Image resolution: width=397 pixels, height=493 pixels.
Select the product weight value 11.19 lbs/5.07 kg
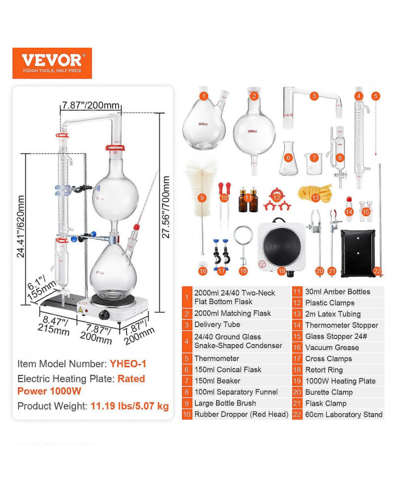coord(128,406)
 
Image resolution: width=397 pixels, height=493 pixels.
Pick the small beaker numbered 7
coord(313,164)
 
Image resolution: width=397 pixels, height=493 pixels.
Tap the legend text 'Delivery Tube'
coord(217,325)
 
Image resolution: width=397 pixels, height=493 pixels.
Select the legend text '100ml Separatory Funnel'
coord(236,392)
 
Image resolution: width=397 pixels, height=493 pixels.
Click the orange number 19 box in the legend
coord(297,381)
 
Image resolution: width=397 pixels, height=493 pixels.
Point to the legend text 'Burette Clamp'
coord(329,392)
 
